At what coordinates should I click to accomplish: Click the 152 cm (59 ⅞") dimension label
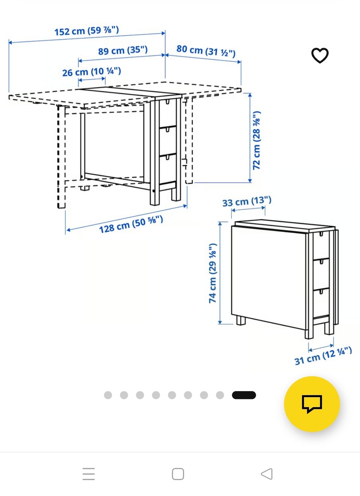[x=87, y=31]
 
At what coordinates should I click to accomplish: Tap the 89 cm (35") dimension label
[x=123, y=50]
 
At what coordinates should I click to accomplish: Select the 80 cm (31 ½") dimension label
[x=206, y=51]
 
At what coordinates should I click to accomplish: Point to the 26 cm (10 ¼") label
[x=91, y=72]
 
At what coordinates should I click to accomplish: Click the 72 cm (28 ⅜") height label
[x=256, y=140]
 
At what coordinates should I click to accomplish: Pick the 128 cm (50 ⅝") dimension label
[x=131, y=224]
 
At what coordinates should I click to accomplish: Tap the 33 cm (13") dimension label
[x=247, y=202]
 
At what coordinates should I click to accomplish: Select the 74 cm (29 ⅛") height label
[x=212, y=273]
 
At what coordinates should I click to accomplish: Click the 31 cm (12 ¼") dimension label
[x=323, y=356]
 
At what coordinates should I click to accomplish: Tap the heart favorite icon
[x=320, y=55]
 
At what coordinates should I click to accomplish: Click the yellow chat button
[x=312, y=404]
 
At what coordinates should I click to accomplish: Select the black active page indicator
[x=244, y=395]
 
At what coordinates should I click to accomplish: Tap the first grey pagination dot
[x=108, y=395]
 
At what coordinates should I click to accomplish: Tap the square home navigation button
[x=178, y=474]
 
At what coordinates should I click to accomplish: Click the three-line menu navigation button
[x=88, y=474]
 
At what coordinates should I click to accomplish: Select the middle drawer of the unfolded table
[x=168, y=140]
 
